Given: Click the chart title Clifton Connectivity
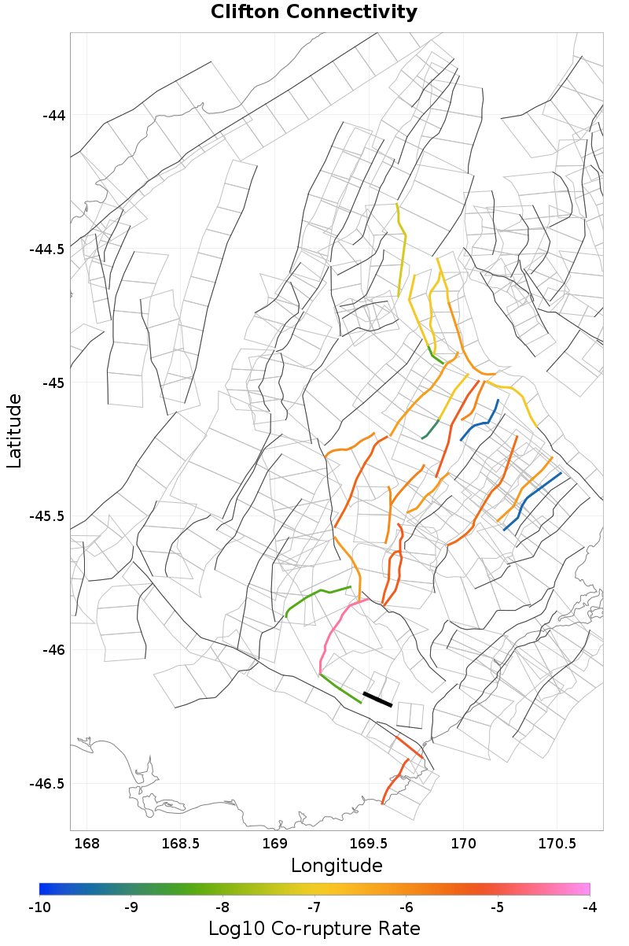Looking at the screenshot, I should pos(314,13).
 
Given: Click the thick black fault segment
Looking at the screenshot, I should pos(377,699).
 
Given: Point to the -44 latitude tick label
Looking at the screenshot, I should pos(53,116).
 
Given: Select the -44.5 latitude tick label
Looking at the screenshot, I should pos(47,249).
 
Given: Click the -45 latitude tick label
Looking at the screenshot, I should pos(53,383).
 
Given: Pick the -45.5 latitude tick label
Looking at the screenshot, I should pos(47,516).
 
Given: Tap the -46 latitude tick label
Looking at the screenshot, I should pos(53,650).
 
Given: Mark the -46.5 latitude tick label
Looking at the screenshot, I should pos(47,784).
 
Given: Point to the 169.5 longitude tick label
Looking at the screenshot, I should pos(369,844).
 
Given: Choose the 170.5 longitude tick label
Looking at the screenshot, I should pos(557,844).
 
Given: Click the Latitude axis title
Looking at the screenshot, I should pos(14,431).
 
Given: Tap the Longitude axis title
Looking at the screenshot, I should pos(337,866).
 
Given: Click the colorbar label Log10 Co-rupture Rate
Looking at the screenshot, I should pos(314,929).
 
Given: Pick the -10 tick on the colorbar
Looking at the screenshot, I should pos(39,907).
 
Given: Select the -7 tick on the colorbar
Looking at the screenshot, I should pos(314,907).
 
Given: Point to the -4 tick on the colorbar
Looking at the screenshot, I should pos(590,907).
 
